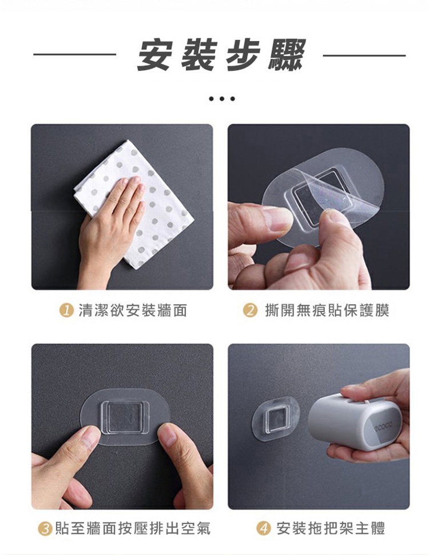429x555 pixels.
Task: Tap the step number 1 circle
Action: (66, 310)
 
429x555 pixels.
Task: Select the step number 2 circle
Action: (250, 310)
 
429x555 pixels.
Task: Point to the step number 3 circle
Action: (45, 529)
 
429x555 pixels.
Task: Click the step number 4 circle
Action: (263, 529)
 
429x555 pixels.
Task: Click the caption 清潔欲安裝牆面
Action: (133, 310)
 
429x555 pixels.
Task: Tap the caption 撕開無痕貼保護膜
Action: (327, 310)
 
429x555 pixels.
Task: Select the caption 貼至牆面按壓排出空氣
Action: (133, 529)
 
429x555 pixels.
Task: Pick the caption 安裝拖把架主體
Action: (331, 529)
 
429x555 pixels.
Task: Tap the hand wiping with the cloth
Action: (110, 226)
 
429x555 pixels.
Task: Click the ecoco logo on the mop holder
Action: (383, 424)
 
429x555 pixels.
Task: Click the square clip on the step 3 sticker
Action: (125, 416)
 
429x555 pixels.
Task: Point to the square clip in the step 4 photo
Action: (277, 419)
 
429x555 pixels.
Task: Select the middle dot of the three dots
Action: (222, 99)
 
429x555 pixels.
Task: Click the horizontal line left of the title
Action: (75, 54)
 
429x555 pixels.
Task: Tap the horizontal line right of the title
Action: (364, 55)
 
